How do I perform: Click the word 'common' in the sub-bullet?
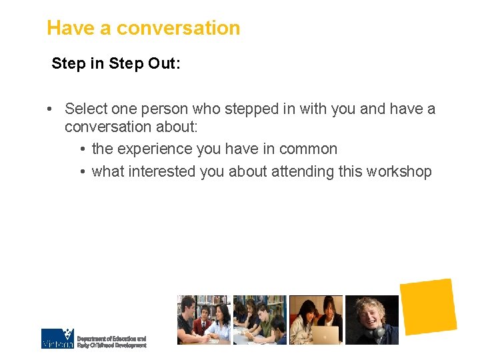(x=310, y=149)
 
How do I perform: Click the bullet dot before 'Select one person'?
(x=50, y=109)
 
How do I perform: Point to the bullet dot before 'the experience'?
(x=81, y=149)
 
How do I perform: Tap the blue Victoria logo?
(x=57, y=339)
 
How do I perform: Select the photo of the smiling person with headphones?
(x=371, y=320)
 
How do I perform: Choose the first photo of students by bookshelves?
(x=203, y=320)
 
